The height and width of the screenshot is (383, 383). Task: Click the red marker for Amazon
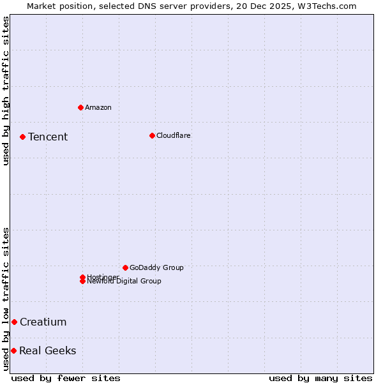click(80, 107)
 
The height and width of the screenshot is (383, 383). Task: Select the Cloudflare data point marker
click(152, 135)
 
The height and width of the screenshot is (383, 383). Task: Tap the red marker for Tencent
click(22, 137)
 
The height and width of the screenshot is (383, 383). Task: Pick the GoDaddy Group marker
click(125, 267)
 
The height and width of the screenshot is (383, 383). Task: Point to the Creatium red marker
click(14, 322)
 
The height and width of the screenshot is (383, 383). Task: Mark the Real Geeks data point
click(13, 350)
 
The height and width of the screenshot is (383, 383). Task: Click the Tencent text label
click(48, 137)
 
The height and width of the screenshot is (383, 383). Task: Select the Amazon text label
click(98, 107)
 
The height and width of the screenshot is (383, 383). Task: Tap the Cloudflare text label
click(174, 135)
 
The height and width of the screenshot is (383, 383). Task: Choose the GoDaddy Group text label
click(156, 267)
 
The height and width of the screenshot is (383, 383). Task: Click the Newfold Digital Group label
click(124, 282)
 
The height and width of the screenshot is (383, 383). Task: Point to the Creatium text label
click(43, 322)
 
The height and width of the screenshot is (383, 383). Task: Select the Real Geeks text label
click(48, 350)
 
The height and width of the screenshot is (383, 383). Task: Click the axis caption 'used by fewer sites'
click(66, 378)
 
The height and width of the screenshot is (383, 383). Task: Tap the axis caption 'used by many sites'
click(320, 378)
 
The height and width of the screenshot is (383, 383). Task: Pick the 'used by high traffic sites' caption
click(6, 91)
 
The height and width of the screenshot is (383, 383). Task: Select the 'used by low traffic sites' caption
click(6, 299)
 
